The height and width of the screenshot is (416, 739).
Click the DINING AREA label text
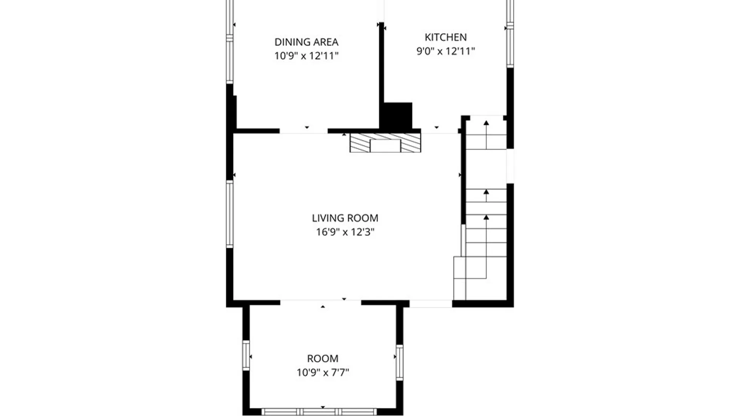point(306,42)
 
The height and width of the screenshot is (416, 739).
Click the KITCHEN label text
point(445,37)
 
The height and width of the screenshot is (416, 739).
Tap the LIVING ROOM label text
point(345,218)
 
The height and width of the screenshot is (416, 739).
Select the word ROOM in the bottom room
point(323,359)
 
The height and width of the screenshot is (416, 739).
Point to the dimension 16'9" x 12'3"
point(345,232)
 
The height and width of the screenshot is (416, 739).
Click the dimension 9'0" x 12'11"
point(445,51)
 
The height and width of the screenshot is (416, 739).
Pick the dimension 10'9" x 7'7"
point(323,372)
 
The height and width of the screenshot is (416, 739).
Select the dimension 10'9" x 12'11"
point(306,55)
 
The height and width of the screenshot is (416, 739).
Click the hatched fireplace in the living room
point(385,143)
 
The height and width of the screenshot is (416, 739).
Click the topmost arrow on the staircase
point(486,123)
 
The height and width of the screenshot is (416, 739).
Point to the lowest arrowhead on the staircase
point(486,218)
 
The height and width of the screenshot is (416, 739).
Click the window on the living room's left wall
point(230,214)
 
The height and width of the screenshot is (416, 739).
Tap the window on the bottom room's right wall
point(400,362)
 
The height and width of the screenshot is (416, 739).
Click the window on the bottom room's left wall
point(246,356)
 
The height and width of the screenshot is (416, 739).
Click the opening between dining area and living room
point(304,131)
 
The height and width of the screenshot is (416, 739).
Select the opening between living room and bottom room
point(321,303)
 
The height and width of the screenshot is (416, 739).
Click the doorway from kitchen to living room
point(440,131)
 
